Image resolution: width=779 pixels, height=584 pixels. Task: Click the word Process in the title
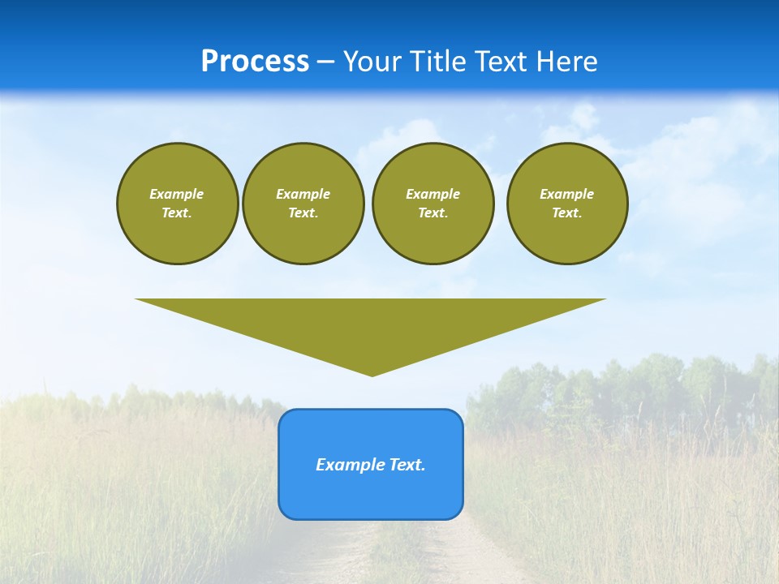[x=255, y=62]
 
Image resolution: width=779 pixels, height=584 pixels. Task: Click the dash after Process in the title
[x=325, y=63]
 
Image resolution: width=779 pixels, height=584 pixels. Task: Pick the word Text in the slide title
[x=502, y=62]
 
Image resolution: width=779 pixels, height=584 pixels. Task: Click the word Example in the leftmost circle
[x=177, y=194]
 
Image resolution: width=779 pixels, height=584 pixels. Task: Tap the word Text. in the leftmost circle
[x=177, y=213]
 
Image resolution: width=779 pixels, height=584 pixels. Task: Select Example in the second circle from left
[x=303, y=194]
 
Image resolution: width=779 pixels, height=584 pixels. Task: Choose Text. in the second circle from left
[x=303, y=213]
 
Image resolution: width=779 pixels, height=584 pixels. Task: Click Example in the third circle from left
[x=433, y=194]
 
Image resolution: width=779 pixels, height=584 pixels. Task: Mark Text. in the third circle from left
[x=433, y=213]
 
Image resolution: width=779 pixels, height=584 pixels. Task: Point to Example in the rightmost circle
[x=566, y=194]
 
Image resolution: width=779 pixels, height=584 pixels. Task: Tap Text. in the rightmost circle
[x=566, y=213]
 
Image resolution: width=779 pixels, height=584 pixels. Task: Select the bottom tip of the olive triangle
[x=372, y=374]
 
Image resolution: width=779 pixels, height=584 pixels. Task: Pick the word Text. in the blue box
[x=407, y=465]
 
